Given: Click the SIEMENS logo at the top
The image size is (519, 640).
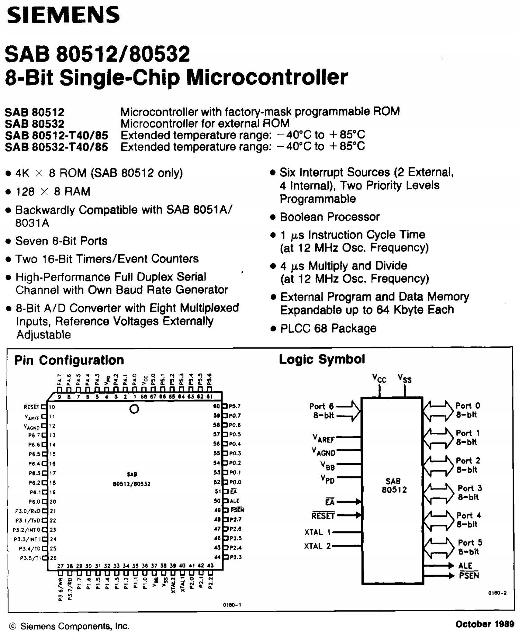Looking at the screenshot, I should pos(63,16).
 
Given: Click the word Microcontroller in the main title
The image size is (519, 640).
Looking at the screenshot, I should pos(267,77).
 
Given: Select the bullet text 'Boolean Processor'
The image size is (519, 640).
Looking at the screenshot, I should pos(330,217).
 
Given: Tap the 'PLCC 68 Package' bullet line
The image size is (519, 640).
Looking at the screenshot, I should pos(328,328).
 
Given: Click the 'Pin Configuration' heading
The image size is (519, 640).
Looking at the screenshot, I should pos(69,360).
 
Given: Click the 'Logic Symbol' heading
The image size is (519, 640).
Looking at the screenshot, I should pos(322,359).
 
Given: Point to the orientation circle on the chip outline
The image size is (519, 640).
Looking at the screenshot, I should pos(134,409).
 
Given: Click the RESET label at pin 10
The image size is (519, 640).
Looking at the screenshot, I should pos(31,407).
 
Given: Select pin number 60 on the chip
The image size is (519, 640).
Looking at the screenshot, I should pos(217,406).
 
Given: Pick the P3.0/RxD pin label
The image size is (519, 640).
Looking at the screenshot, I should pos(28,511).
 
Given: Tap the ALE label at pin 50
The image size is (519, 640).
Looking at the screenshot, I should pos(235,501).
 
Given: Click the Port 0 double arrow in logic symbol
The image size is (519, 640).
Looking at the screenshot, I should pos(438,410).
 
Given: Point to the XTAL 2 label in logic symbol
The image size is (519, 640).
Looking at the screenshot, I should pos(318,546).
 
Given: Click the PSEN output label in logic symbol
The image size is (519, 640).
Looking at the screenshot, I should pos(469,576).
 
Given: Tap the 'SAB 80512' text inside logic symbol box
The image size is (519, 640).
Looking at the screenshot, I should pos(394,485).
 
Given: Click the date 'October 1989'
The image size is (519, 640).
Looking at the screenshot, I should pos(484,624).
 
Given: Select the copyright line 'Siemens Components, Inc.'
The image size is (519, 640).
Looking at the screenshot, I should pos(74,626).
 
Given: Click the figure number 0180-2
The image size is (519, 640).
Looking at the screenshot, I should pos(497,593).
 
